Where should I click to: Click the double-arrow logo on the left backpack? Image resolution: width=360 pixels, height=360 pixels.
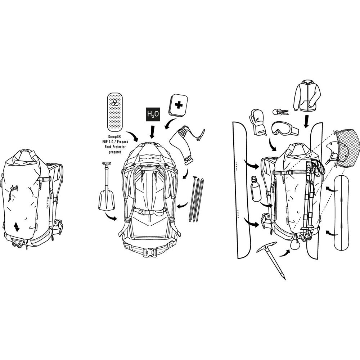coord(16,227)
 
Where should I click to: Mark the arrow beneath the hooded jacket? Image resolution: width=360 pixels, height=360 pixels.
coord(306,121)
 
